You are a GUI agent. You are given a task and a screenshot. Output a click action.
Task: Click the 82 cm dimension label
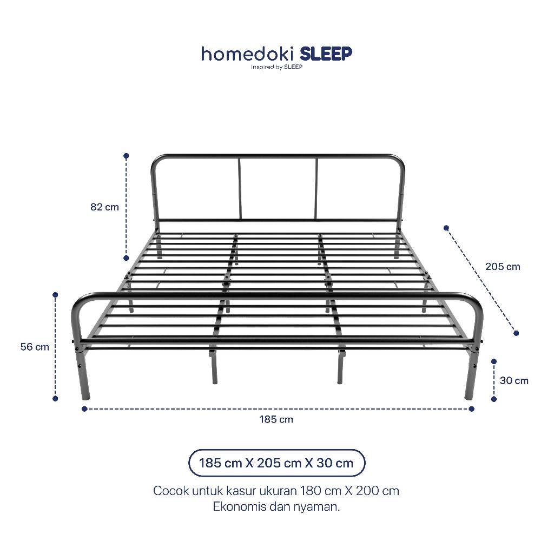pyautogui.click(x=104, y=207)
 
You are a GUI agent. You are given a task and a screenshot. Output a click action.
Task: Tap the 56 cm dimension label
pyautogui.click(x=35, y=347)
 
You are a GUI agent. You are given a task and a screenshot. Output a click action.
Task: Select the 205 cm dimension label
pyautogui.click(x=503, y=266)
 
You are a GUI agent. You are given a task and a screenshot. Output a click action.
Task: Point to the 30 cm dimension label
pyautogui.click(x=514, y=380)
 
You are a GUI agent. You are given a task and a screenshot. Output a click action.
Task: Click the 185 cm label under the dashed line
pyautogui.click(x=276, y=419)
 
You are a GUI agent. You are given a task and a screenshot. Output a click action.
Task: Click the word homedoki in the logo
pyautogui.click(x=248, y=54)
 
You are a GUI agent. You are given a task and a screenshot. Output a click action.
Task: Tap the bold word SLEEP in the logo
pyautogui.click(x=326, y=54)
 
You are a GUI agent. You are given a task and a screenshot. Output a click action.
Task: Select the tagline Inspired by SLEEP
pyautogui.click(x=276, y=67)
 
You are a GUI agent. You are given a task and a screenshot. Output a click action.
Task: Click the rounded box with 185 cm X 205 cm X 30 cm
pyautogui.click(x=276, y=463)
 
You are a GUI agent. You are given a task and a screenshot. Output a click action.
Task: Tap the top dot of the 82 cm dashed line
pyautogui.click(x=126, y=156)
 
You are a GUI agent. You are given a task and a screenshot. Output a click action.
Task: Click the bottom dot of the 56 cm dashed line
pyautogui.click(x=55, y=399)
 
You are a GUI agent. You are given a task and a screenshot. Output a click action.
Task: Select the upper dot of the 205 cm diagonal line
pyautogui.click(x=446, y=228)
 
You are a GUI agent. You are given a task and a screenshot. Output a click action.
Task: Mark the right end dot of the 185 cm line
pyautogui.click(x=471, y=409)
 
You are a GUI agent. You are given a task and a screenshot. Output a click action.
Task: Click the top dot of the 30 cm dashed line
pyautogui.click(x=494, y=361)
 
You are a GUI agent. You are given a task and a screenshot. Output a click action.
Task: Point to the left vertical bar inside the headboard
pyautogui.click(x=240, y=189)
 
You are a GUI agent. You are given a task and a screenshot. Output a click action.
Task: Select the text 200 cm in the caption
pyautogui.click(x=377, y=491)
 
